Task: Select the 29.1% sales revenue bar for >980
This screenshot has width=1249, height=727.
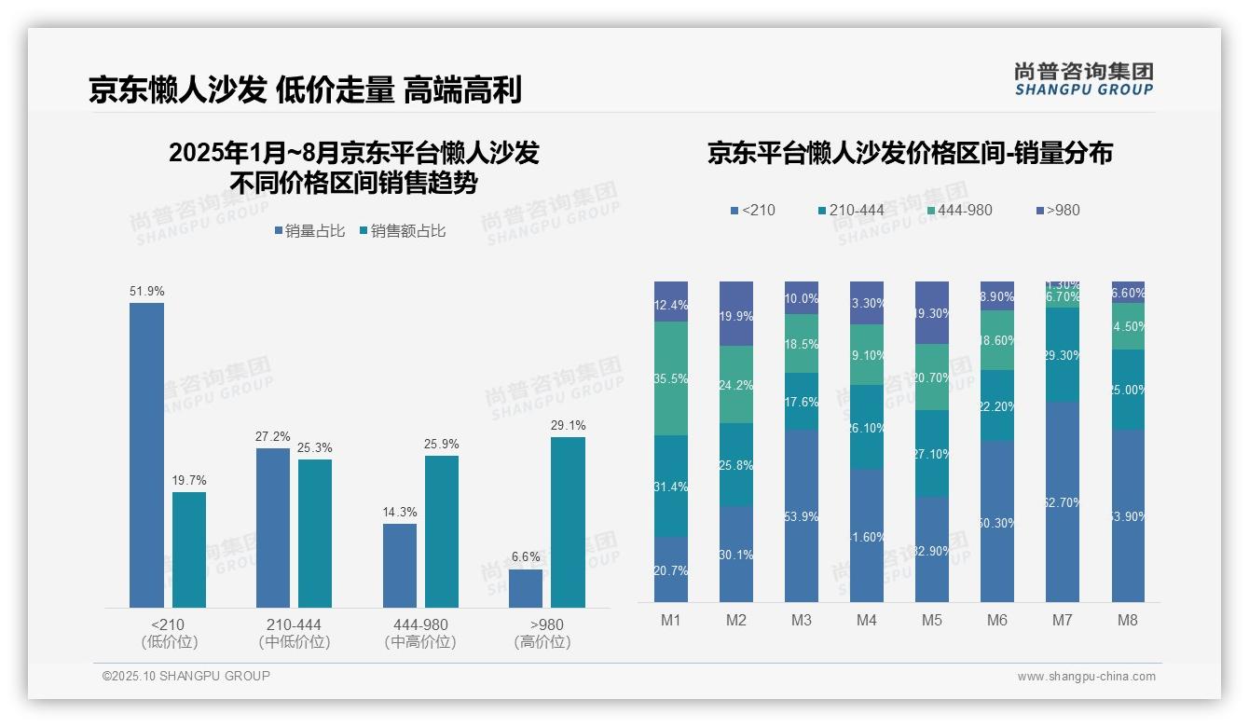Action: point(568,522)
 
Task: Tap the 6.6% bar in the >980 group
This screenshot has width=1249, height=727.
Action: point(526,588)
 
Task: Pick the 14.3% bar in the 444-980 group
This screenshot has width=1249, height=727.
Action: point(399,565)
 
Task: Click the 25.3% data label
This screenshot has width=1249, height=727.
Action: point(314,448)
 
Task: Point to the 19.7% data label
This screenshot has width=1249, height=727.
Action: point(188,481)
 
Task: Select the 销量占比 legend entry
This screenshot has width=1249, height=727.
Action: point(309,231)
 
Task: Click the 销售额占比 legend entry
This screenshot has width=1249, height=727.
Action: point(402,231)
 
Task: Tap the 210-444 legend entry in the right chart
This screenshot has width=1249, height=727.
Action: point(850,210)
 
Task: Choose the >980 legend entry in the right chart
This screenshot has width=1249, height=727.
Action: point(1057,210)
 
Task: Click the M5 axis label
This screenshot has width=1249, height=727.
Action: point(932,620)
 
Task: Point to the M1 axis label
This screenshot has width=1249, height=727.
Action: point(671,620)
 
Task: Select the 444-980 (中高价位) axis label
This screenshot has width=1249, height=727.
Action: point(420,633)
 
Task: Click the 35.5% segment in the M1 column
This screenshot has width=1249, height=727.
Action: point(671,378)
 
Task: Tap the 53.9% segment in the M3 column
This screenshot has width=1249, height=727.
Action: point(802,515)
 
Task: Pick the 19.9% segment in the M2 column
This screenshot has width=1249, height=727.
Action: point(736,314)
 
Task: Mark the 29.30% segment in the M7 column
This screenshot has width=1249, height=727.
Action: point(1063,355)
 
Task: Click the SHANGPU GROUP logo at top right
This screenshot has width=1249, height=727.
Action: point(1084,79)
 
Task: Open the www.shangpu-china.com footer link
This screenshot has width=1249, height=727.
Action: point(1086,677)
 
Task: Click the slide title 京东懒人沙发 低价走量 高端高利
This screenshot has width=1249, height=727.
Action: point(305,89)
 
